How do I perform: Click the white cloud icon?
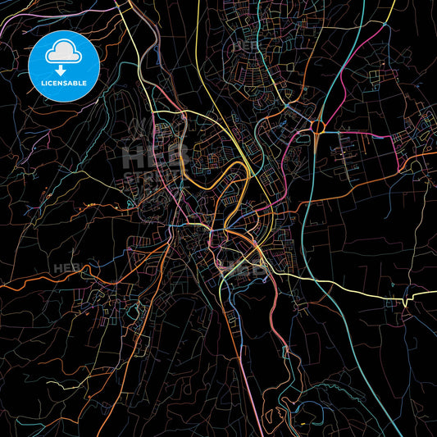pyautogui.click(x=64, y=53)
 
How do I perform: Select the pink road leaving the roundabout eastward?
pyautogui.click(x=361, y=134)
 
